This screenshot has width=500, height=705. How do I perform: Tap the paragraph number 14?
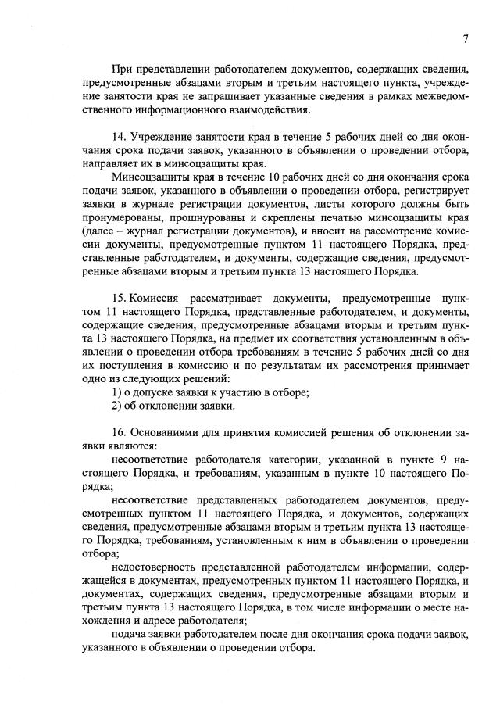click(119, 138)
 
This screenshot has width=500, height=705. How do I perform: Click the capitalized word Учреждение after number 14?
click(167, 138)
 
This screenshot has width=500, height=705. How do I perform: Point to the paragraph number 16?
click(119, 432)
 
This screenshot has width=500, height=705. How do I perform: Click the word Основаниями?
click(169, 432)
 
